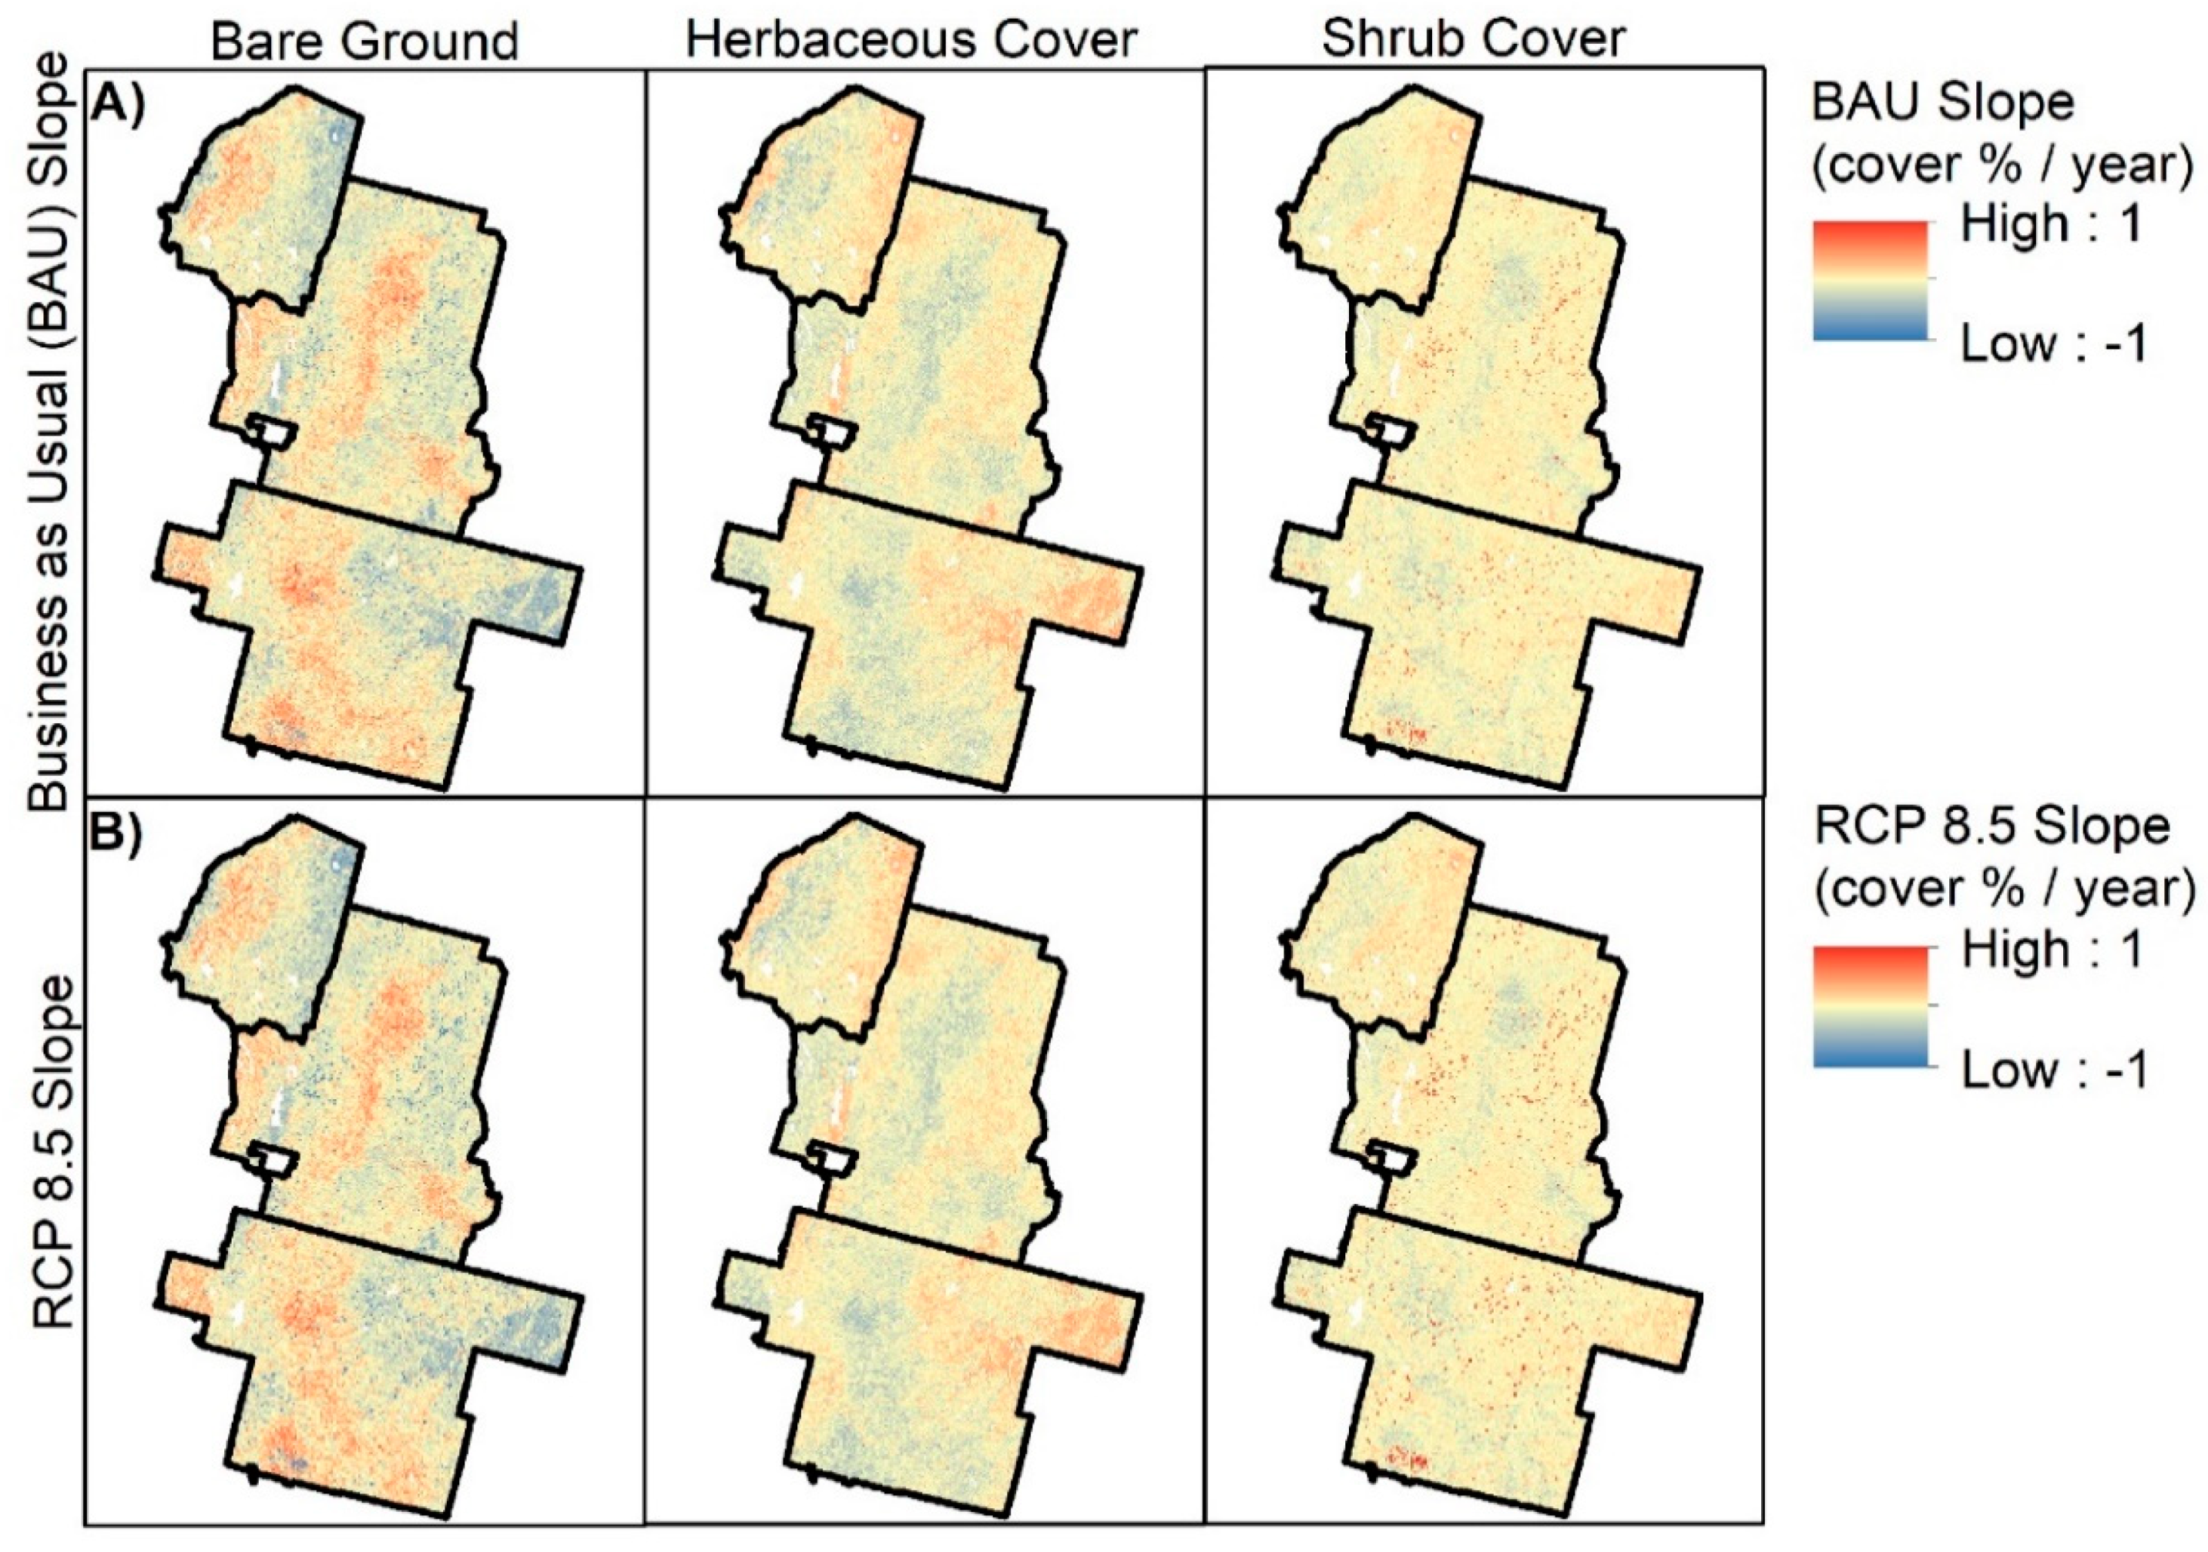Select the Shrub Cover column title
(1472, 39)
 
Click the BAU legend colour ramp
(1870, 280)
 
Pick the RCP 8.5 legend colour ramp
(1870, 1006)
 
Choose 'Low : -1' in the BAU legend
(2054, 344)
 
